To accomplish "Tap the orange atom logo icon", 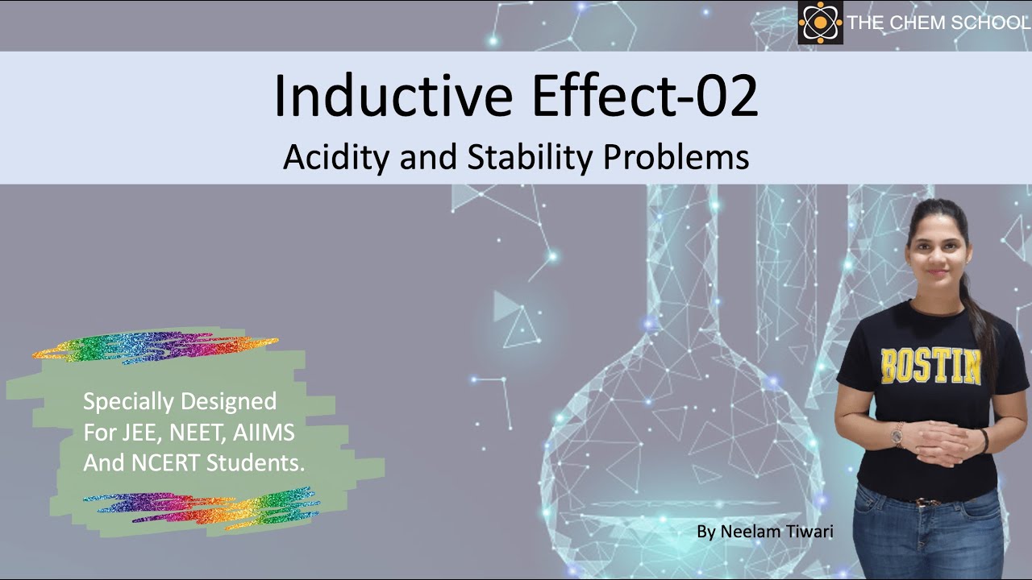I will pos(820,23).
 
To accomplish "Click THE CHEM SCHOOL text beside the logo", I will pos(938,23).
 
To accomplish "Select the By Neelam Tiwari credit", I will pos(764,531).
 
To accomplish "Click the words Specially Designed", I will pos(180,400).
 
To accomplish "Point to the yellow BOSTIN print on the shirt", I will pos(930,367).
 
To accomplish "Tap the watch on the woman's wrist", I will pos(897,435).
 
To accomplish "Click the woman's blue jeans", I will pos(927,536).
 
